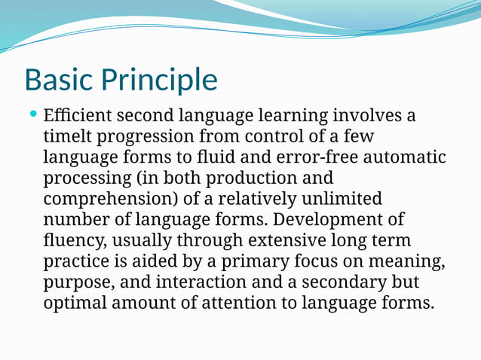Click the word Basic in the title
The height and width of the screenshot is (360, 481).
click(x=61, y=80)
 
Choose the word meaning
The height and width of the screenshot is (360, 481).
click(x=411, y=262)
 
